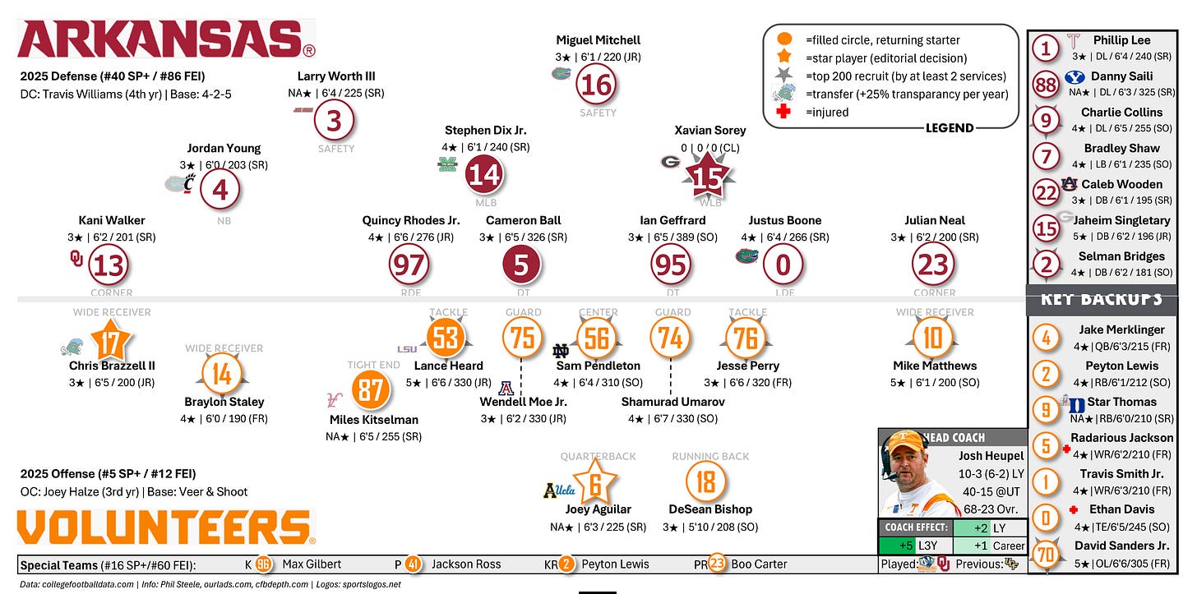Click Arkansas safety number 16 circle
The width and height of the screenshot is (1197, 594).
click(597, 84)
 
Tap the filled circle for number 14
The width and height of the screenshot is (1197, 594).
click(484, 175)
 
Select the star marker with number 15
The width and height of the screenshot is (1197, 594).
click(706, 177)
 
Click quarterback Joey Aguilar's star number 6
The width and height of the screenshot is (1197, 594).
click(595, 484)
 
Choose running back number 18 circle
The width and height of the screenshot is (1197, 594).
click(705, 482)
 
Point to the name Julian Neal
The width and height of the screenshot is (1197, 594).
click(934, 220)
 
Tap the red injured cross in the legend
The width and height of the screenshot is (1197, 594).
click(783, 112)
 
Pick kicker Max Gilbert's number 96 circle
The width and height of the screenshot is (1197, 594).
click(263, 564)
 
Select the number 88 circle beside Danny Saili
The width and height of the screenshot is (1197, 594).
click(1046, 85)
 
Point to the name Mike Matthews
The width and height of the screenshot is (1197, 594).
click(934, 366)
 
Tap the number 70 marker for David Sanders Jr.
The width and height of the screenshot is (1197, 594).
click(1045, 555)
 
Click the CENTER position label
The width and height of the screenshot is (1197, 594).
click(598, 312)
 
